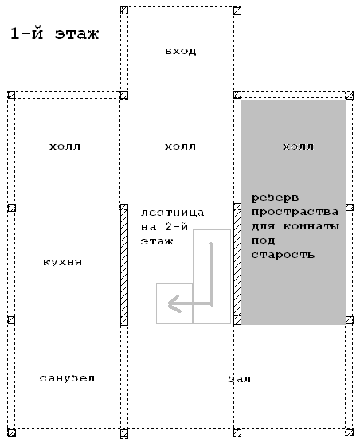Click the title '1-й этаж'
(x=54, y=33)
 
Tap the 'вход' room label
(x=181, y=51)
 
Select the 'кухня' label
(x=63, y=262)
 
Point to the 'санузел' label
(x=67, y=378)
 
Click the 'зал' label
(x=239, y=379)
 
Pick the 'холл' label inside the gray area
(x=298, y=147)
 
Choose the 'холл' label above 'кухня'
(x=65, y=147)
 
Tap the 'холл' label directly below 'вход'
(x=181, y=147)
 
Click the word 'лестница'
(x=172, y=213)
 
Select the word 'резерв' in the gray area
(x=275, y=198)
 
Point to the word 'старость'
(x=283, y=255)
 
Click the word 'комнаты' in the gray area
(x=311, y=226)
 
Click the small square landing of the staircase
(x=174, y=303)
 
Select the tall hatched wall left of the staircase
(x=124, y=265)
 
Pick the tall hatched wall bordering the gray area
(x=237, y=264)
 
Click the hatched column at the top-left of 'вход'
(x=124, y=10)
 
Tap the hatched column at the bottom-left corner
(x=11, y=432)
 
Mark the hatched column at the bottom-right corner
(x=350, y=432)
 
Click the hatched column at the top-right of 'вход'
(x=237, y=10)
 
